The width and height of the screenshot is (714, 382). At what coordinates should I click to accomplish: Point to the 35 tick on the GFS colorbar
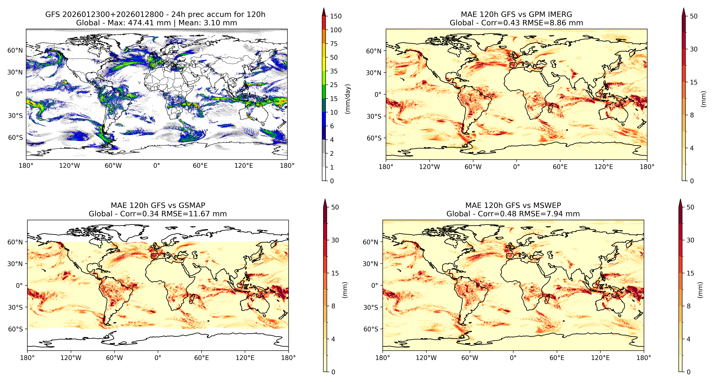point(334,71)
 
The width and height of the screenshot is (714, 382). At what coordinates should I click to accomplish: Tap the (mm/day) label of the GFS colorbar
point(348,99)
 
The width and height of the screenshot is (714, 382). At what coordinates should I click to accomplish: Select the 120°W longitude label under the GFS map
point(69,166)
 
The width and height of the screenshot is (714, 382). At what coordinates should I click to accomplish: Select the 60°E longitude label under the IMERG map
point(560,167)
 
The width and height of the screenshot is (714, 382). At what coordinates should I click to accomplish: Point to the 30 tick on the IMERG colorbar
point(693,49)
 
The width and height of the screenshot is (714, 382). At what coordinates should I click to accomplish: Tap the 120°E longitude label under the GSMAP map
point(245,358)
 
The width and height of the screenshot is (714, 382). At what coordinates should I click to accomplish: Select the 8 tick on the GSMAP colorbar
point(333,306)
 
